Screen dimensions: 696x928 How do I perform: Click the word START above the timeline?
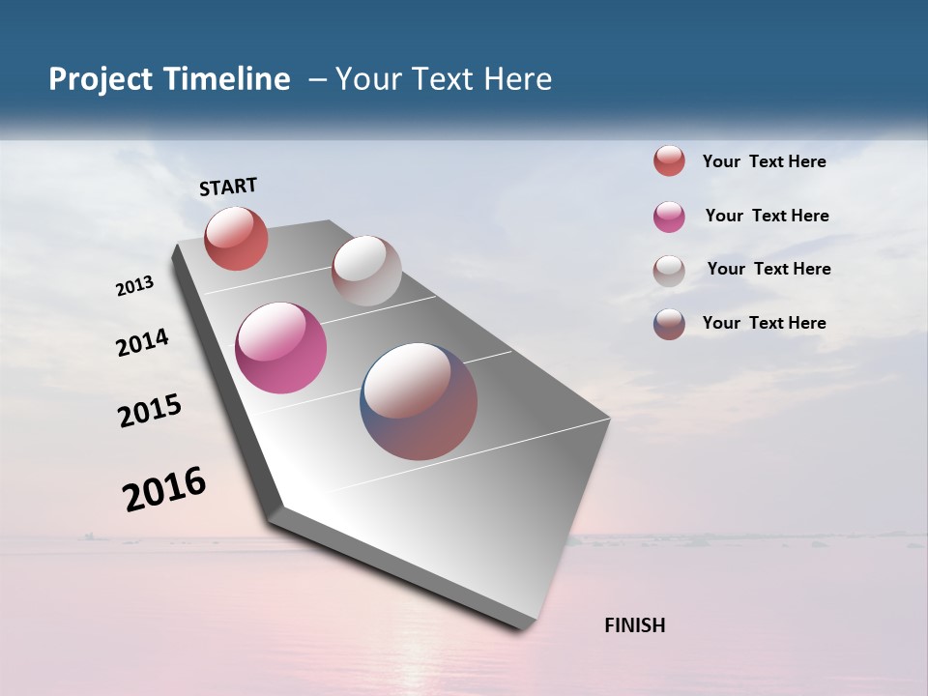[x=228, y=187]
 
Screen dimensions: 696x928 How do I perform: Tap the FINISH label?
[x=635, y=625]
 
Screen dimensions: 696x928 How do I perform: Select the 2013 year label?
[x=135, y=286]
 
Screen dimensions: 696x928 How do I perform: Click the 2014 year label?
[x=143, y=342]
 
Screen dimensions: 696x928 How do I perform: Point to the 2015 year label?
[x=150, y=411]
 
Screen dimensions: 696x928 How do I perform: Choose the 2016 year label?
[x=164, y=488]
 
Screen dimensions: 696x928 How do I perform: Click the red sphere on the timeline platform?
[x=236, y=238]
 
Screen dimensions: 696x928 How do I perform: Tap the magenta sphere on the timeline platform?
[x=280, y=348]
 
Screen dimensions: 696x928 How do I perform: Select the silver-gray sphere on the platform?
[x=366, y=271]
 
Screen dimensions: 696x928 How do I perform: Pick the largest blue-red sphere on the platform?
[x=419, y=401]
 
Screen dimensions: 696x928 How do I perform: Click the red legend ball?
[x=669, y=161]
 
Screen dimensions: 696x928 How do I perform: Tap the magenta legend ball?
[x=669, y=217]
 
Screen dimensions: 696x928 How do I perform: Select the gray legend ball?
[x=669, y=271]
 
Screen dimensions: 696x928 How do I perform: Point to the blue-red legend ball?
[x=669, y=324]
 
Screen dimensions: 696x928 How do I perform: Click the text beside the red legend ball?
[x=764, y=161]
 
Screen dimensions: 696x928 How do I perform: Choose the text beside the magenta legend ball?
[x=767, y=216]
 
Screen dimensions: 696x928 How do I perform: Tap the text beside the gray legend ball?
[x=768, y=269]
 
